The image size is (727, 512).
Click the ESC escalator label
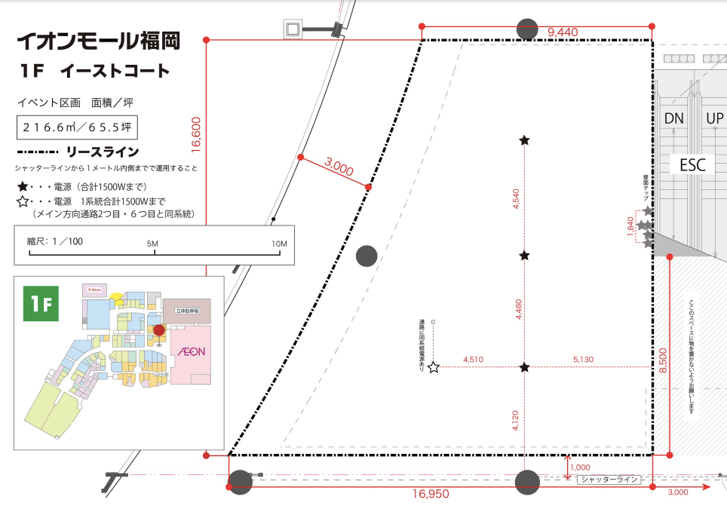tap(691, 164)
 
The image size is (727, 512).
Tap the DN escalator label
tap(673, 118)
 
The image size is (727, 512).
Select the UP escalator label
tap(714, 118)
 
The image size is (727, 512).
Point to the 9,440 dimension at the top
tap(563, 32)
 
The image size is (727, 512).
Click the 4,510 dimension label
tap(473, 360)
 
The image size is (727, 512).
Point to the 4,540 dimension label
tap(516, 199)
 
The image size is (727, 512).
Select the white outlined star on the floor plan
tap(434, 368)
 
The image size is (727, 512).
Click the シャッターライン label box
tap(609, 479)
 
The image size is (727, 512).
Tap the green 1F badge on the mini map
tap(41, 302)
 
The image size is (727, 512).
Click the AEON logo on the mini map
tap(188, 351)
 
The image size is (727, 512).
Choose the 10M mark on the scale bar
tap(279, 244)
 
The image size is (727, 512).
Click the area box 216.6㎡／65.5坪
tap(78, 127)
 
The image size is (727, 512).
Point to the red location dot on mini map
tap(159, 330)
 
